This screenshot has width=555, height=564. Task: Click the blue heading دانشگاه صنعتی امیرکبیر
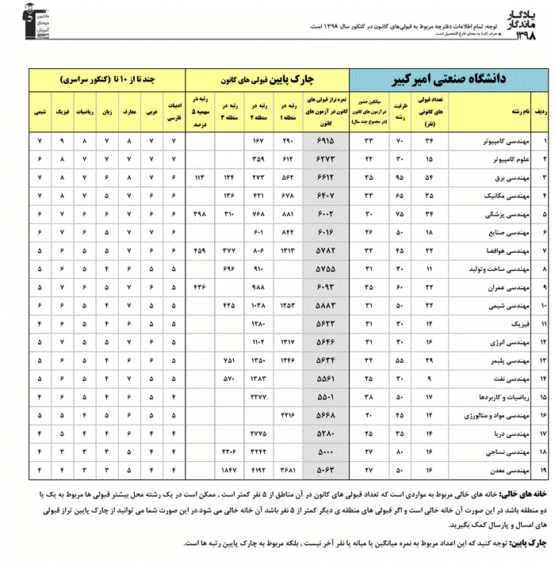(x=449, y=80)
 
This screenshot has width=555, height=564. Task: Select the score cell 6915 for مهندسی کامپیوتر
(x=325, y=141)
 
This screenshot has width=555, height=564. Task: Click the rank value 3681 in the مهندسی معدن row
(x=290, y=471)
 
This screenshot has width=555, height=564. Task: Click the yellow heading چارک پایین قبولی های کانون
(x=268, y=80)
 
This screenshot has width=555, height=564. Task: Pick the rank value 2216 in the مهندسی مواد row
(x=290, y=415)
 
